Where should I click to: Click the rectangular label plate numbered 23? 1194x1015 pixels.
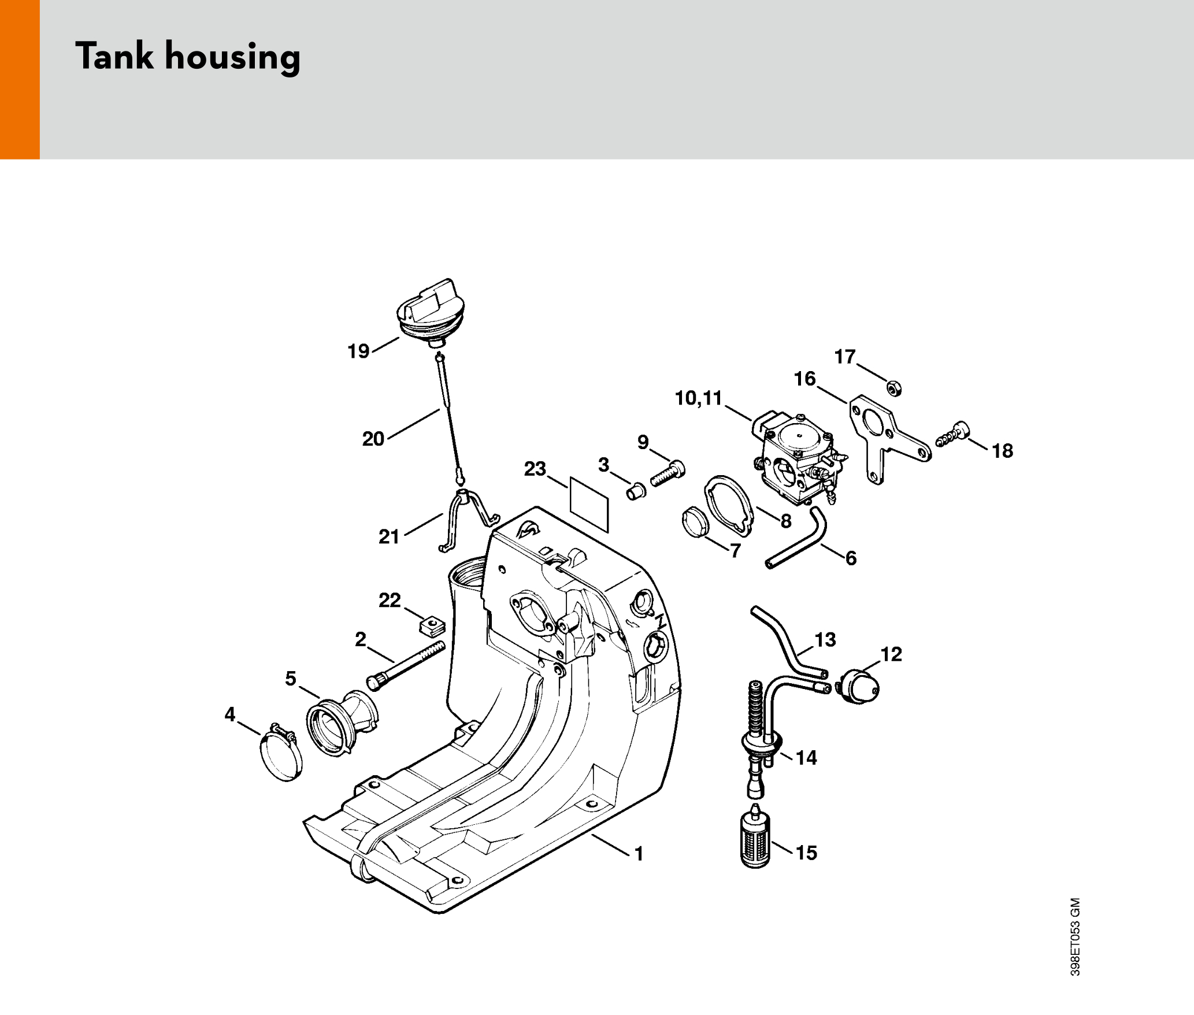point(589,504)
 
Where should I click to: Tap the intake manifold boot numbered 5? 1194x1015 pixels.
point(340,723)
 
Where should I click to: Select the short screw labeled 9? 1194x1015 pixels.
point(668,472)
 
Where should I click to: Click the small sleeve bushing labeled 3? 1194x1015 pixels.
point(636,492)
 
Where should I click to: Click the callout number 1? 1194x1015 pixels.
point(639,853)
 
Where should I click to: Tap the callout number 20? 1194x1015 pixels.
point(373,439)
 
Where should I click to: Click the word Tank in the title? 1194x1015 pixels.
point(114,57)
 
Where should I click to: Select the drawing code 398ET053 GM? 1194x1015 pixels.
point(1074,937)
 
